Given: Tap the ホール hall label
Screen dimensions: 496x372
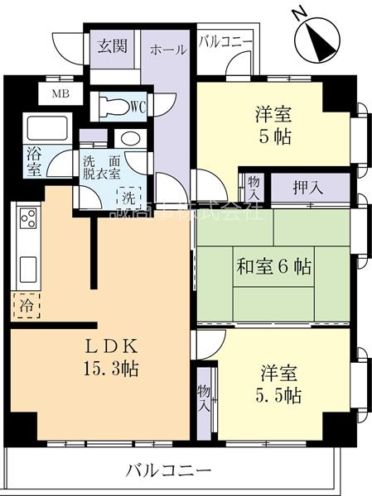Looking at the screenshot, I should pyautogui.click(x=167, y=50).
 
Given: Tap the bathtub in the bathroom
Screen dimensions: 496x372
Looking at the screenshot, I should pyautogui.click(x=41, y=131).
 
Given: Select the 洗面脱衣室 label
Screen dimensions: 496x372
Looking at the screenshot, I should pyautogui.click(x=101, y=168).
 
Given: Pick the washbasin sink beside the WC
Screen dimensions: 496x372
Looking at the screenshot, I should pyautogui.click(x=128, y=138).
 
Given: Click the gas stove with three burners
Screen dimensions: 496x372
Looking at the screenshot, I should pyautogui.click(x=27, y=220).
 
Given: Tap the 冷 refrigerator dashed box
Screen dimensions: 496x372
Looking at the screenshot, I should pyautogui.click(x=27, y=305).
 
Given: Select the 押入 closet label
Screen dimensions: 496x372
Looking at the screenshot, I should pyautogui.click(x=307, y=188).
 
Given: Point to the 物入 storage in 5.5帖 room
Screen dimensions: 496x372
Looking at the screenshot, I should pyautogui.click(x=204, y=398).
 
